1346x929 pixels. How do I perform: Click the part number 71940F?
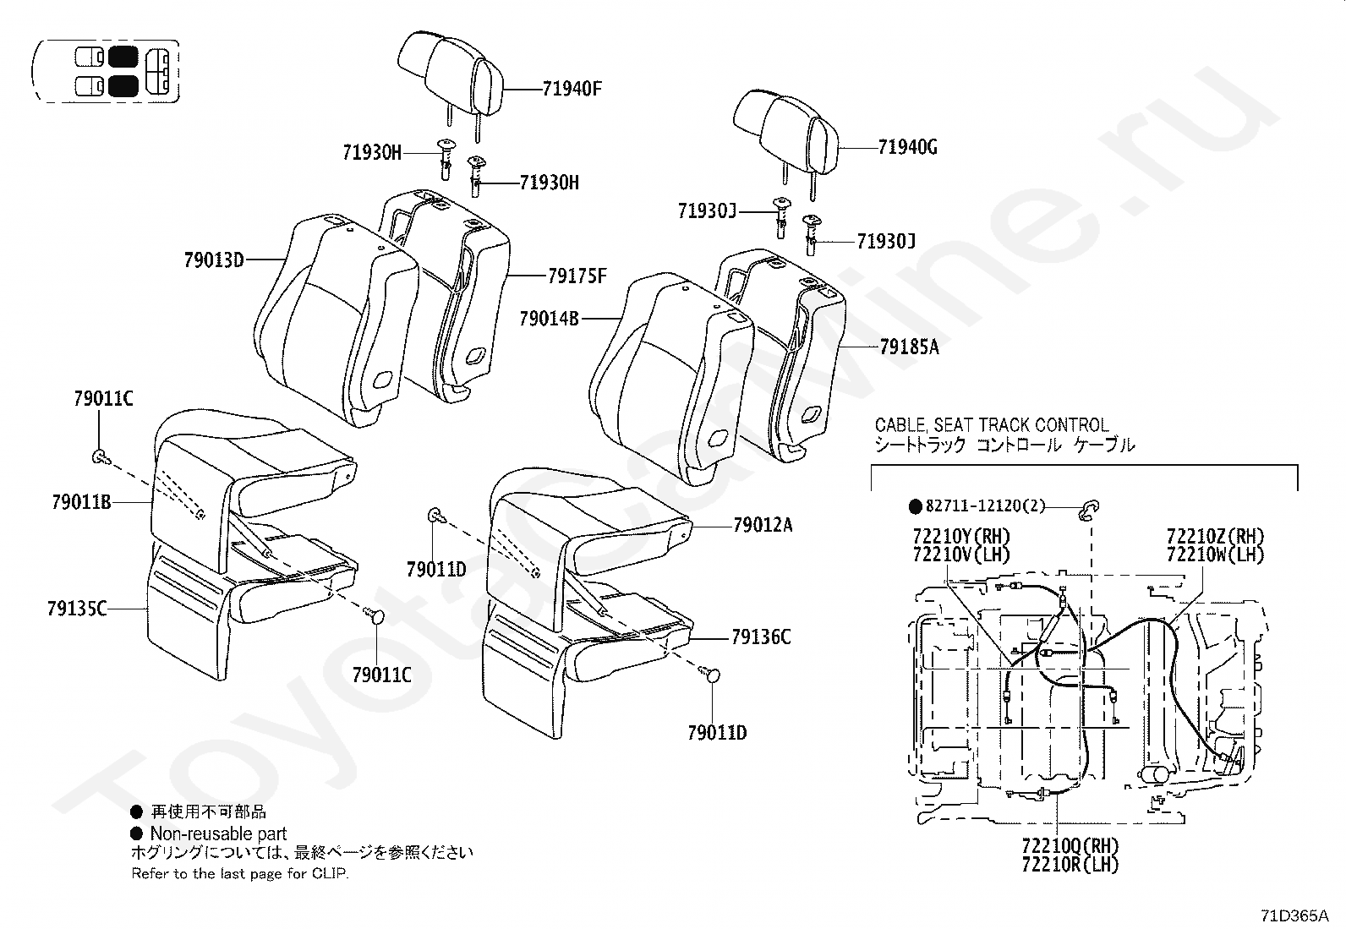[x=572, y=89]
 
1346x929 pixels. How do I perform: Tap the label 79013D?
[x=214, y=260]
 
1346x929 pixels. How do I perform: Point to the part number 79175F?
[x=577, y=276]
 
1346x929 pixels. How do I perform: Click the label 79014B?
[x=550, y=319]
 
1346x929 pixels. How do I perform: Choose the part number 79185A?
[x=910, y=347]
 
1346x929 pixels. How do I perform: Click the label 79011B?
[x=81, y=502]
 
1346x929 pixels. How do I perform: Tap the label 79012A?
[x=763, y=525]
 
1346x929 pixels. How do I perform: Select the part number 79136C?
[x=761, y=637]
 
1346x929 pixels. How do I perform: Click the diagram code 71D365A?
[x=1294, y=915]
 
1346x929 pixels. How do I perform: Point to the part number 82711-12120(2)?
[x=985, y=506]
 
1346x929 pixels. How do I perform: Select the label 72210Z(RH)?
[x=1215, y=536]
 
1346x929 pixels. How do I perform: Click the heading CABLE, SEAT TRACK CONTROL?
[x=991, y=425]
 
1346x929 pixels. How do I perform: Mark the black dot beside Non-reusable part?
[x=136, y=833]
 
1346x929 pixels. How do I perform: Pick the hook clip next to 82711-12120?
[x=1090, y=507]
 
